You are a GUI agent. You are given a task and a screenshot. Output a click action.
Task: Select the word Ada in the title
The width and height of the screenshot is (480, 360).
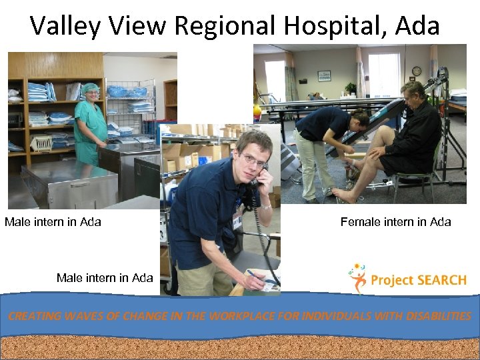point(417,26)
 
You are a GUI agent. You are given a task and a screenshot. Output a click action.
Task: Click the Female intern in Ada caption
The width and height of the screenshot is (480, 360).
point(395,222)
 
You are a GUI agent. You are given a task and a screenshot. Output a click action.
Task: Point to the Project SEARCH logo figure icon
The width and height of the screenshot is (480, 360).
point(357,278)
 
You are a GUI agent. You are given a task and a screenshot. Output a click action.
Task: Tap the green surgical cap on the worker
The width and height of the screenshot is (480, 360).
point(91,88)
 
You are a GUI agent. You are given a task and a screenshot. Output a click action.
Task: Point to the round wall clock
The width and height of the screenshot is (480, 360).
point(417,71)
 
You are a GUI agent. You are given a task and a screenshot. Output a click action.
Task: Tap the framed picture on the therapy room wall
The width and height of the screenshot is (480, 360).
point(325,75)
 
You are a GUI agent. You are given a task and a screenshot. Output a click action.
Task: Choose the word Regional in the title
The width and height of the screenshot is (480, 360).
point(224,26)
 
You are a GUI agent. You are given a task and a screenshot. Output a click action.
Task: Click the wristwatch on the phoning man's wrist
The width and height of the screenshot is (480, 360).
point(265,207)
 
